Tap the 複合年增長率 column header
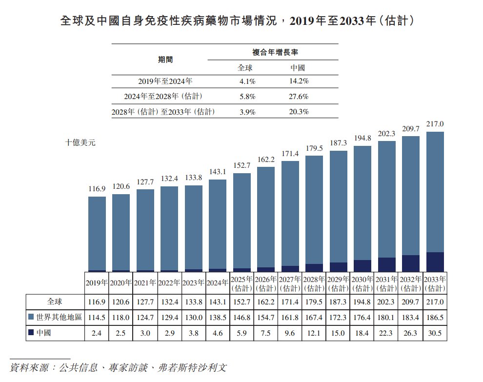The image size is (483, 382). pos(275,52)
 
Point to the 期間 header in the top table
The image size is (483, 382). pos(165,60)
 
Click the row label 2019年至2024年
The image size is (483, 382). pos(165,81)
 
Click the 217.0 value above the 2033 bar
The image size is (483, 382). pos(435,125)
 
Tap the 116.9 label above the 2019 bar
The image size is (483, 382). pos(97,188)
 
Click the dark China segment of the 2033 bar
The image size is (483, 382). pos(435,261)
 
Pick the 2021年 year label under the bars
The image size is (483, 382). pos(145,282)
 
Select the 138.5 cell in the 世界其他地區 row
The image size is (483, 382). pos(217,318)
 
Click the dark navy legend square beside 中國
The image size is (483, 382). pos(32,333)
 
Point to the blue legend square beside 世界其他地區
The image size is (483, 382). pos(32,318)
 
